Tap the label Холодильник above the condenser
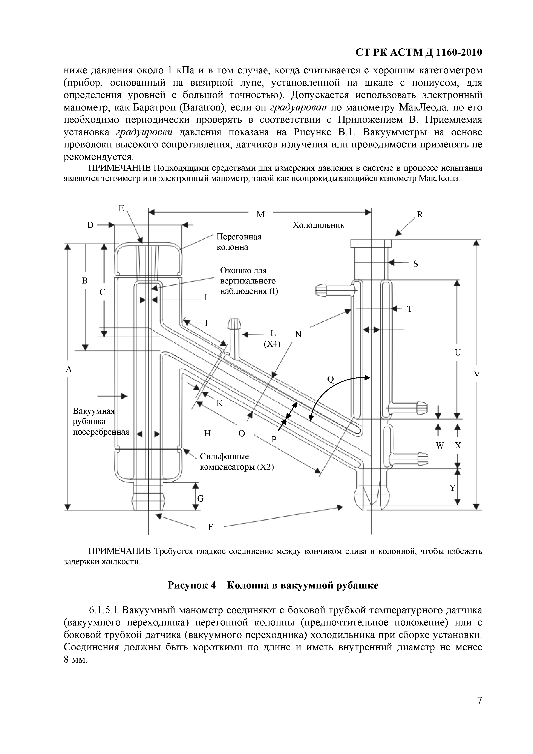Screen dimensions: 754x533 click(318, 225)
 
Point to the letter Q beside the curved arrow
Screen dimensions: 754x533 click(330, 380)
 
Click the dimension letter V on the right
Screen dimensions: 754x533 click(477, 374)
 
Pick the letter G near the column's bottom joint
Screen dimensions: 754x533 click(200, 499)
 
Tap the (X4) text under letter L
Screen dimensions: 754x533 click(272, 344)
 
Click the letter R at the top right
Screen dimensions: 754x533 click(420, 215)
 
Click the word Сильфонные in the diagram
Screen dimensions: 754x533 click(224, 457)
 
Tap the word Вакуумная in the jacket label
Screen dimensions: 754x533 click(93, 411)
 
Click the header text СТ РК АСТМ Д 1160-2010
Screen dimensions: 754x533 click(419, 52)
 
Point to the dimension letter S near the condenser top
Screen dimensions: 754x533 click(415, 264)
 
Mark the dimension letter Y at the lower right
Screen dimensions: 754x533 click(453, 488)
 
